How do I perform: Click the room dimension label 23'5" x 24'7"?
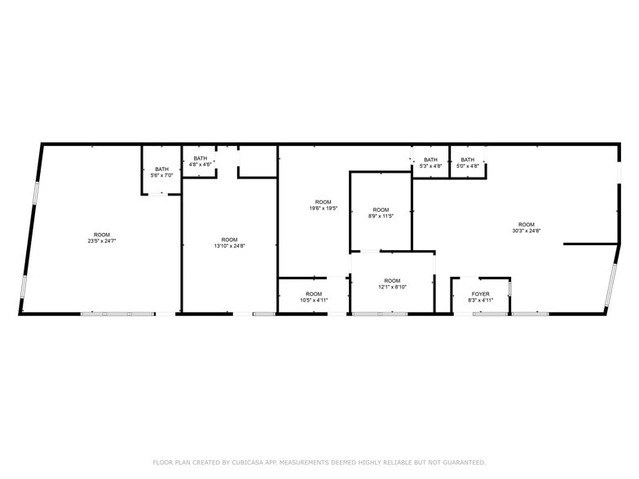click(102, 240)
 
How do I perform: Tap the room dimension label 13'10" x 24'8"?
click(229, 245)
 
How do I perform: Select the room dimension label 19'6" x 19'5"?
click(324, 208)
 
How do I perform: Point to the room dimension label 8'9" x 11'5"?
click(381, 216)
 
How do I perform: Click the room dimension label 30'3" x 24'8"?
click(527, 231)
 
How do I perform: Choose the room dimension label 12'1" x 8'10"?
click(392, 287)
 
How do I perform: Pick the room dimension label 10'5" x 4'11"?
click(314, 300)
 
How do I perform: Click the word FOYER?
click(481, 294)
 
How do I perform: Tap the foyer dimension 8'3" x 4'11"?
click(481, 301)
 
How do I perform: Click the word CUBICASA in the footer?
click(245, 462)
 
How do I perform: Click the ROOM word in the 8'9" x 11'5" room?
click(381, 209)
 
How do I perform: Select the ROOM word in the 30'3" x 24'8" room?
click(527, 224)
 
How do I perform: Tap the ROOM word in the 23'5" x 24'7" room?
click(102, 235)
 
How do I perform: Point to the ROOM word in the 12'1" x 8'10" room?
click(392, 280)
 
